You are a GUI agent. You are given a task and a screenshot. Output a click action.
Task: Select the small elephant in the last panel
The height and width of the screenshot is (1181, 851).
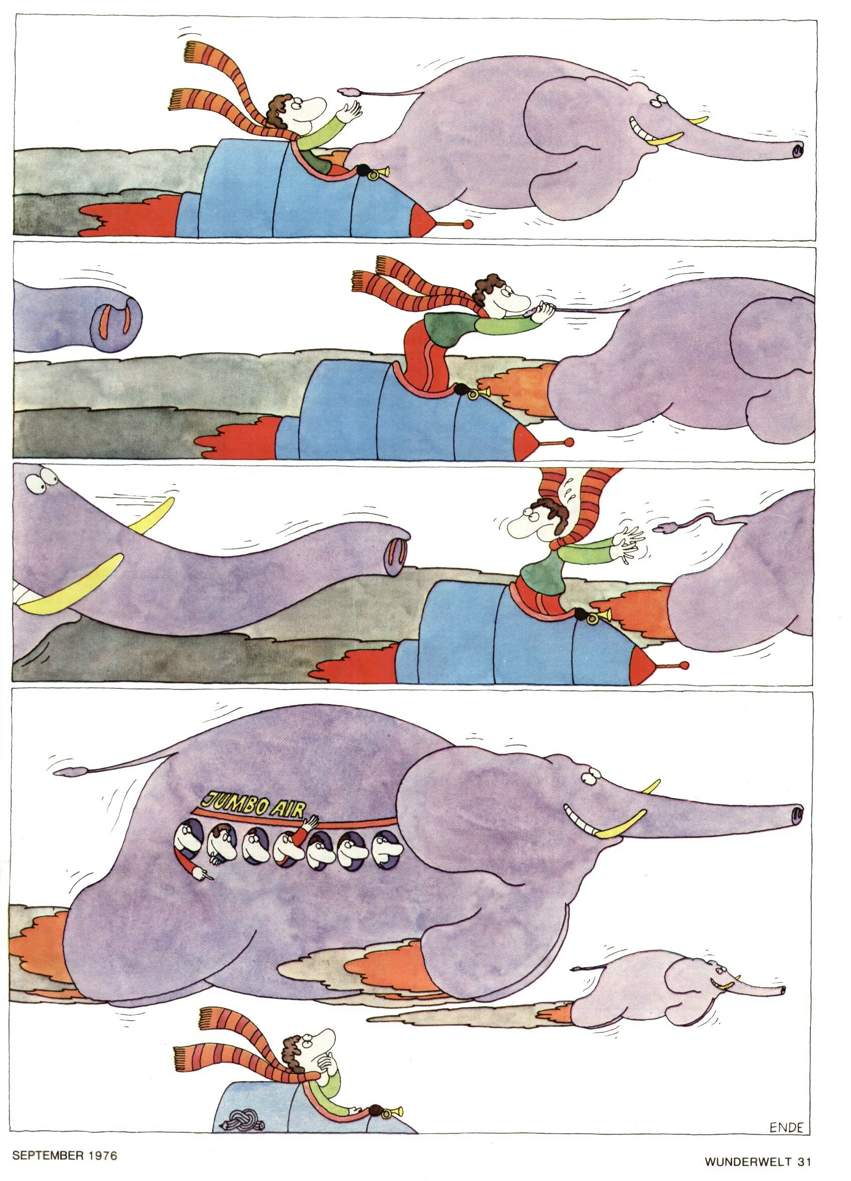[677, 979]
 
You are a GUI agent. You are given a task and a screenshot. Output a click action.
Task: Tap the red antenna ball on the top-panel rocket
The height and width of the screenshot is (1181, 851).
[469, 224]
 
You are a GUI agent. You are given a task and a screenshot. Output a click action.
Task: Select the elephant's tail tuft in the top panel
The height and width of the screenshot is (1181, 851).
[348, 92]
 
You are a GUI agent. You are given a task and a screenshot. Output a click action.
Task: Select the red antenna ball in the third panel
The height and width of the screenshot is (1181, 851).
[683, 665]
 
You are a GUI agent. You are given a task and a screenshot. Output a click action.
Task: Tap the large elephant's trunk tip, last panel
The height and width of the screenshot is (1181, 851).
[796, 814]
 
